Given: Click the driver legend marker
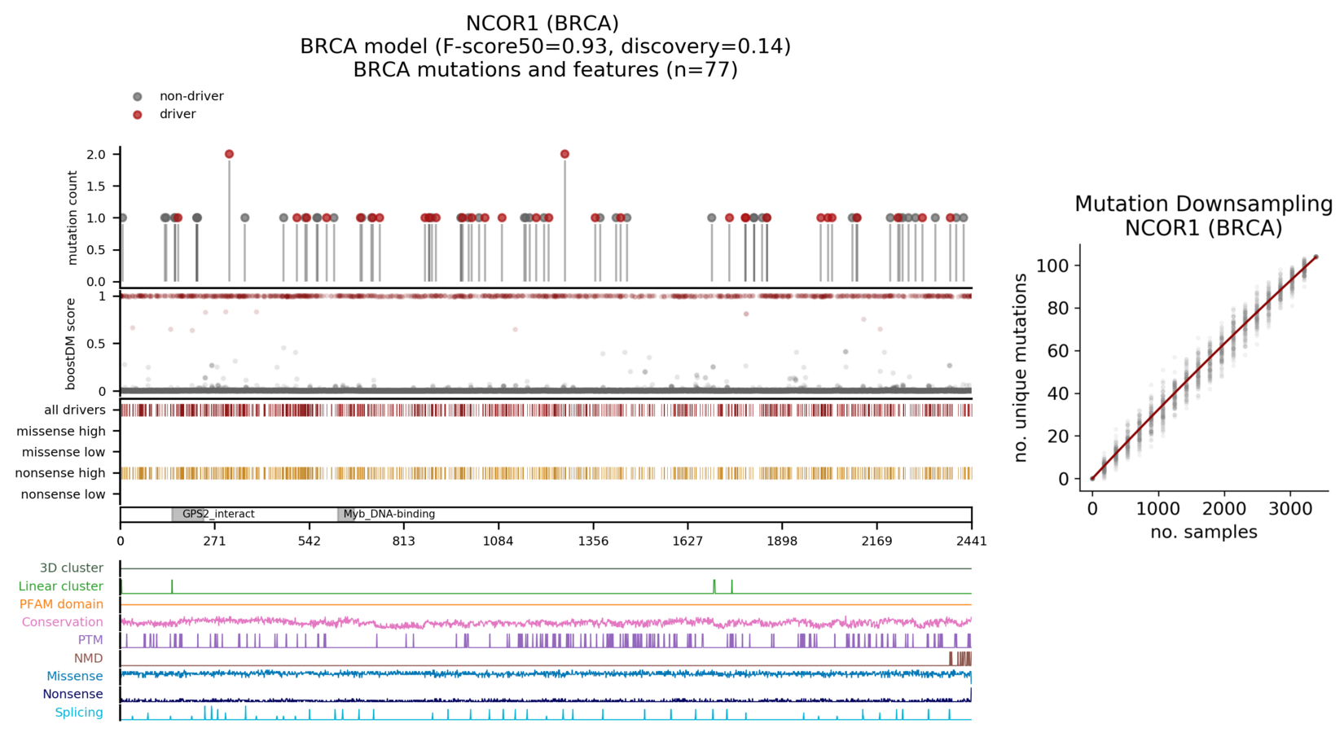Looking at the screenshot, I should (x=138, y=115).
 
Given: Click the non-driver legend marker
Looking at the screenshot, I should (x=138, y=97).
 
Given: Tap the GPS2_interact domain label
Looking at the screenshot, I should (x=218, y=515).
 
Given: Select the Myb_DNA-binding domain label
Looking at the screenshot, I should (x=389, y=515).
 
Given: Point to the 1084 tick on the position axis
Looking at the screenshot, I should (x=499, y=541).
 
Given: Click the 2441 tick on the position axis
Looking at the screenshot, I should (x=971, y=541).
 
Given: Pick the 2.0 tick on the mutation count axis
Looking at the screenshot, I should (x=96, y=155).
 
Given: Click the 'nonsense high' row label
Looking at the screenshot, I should (x=60, y=473).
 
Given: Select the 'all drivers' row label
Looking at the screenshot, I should (x=75, y=410).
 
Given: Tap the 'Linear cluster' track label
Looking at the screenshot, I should (x=61, y=586).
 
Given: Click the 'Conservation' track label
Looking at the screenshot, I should (x=63, y=622).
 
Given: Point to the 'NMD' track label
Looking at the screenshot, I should (x=89, y=658).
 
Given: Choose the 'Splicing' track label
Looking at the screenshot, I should (x=79, y=713).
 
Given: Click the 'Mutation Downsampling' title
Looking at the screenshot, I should (x=1203, y=204).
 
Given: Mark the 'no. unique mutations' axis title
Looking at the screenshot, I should (x=1021, y=368).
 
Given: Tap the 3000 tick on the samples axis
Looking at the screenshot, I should (x=1290, y=509).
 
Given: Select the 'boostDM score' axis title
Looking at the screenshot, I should (x=71, y=344).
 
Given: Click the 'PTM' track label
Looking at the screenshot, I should (x=90, y=640).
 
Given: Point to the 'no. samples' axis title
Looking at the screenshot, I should (x=1203, y=533).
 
